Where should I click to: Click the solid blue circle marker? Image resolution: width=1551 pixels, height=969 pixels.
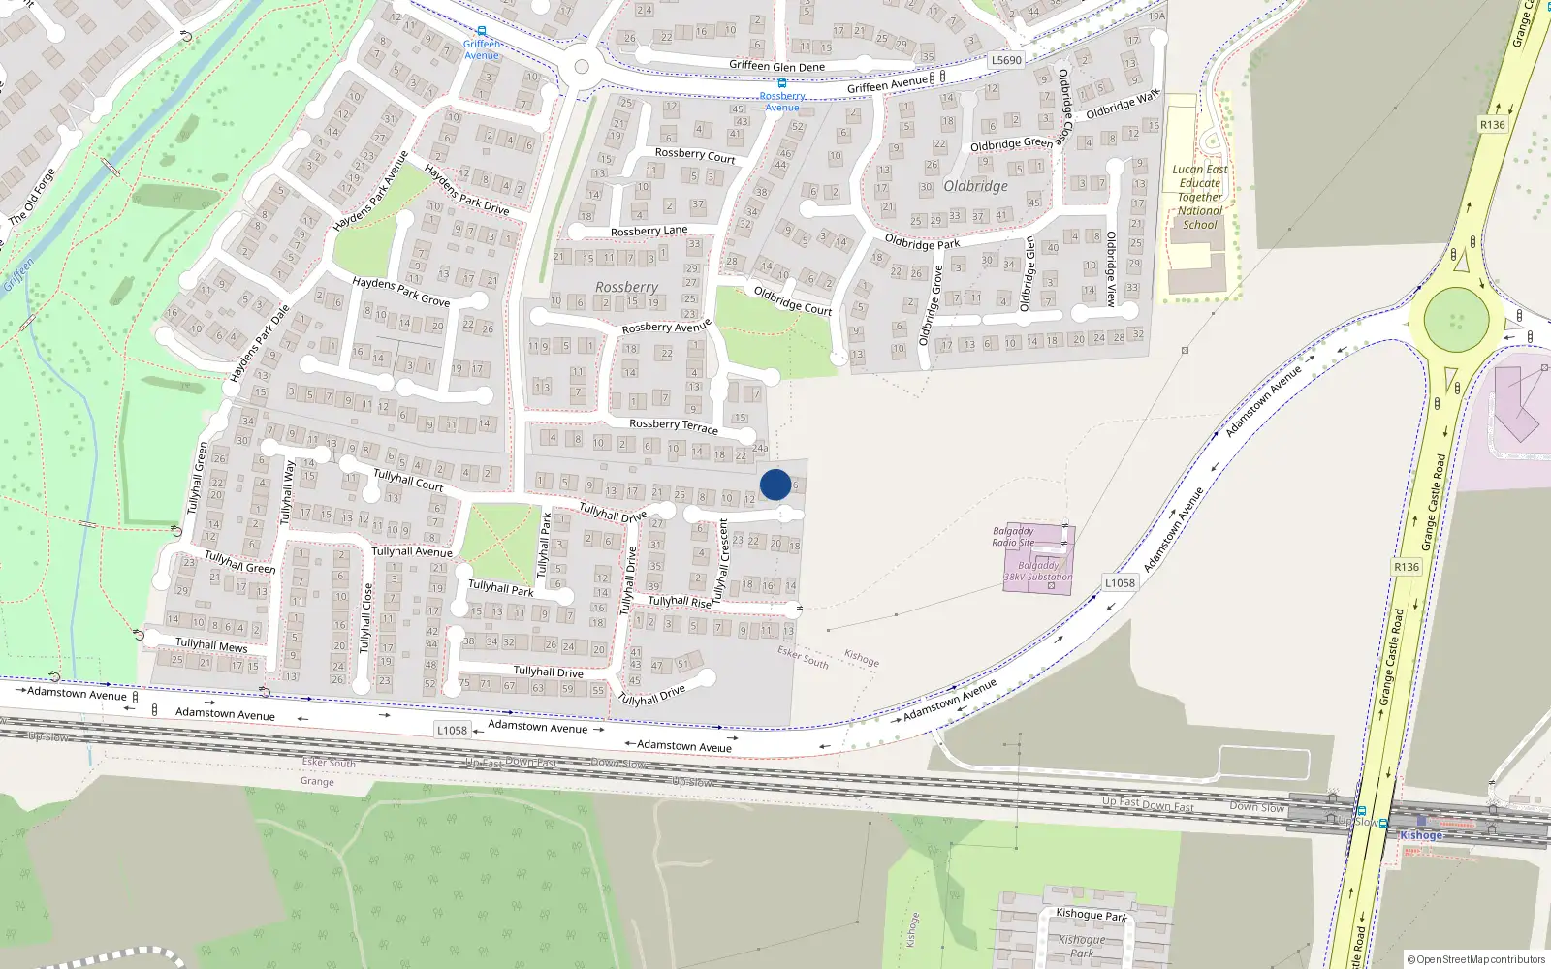[x=775, y=484]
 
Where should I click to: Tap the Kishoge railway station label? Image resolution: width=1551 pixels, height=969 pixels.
[x=1421, y=835]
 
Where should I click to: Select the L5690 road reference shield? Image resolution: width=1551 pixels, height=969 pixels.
[x=1006, y=60]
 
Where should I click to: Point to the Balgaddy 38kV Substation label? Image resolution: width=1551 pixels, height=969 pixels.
[x=1038, y=571]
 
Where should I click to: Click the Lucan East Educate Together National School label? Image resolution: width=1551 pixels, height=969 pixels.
[x=1200, y=197]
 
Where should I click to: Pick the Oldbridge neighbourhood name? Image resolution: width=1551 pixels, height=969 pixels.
[x=975, y=186]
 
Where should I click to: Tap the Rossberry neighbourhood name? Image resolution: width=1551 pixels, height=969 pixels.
[x=626, y=287]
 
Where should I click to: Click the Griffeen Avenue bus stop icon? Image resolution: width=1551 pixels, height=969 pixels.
[x=482, y=31]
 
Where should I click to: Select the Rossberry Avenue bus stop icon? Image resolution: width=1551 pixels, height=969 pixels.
[x=782, y=83]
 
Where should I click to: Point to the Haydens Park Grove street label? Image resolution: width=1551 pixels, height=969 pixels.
[x=400, y=292]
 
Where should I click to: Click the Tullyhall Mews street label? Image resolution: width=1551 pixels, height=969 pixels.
[x=211, y=644]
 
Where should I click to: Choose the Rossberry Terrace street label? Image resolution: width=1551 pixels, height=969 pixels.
[x=674, y=425]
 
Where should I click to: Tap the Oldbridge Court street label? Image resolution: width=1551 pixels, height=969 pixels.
[x=793, y=301]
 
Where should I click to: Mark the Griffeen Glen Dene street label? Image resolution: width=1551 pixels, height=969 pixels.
[x=776, y=66]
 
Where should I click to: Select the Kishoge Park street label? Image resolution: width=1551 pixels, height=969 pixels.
[x=1092, y=914]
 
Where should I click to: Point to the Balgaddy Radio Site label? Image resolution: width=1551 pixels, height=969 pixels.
[x=1014, y=537]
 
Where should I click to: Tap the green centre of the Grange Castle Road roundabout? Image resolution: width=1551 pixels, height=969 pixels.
[x=1456, y=320]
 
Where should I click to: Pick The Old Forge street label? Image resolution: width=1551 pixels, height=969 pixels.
[x=32, y=197]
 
